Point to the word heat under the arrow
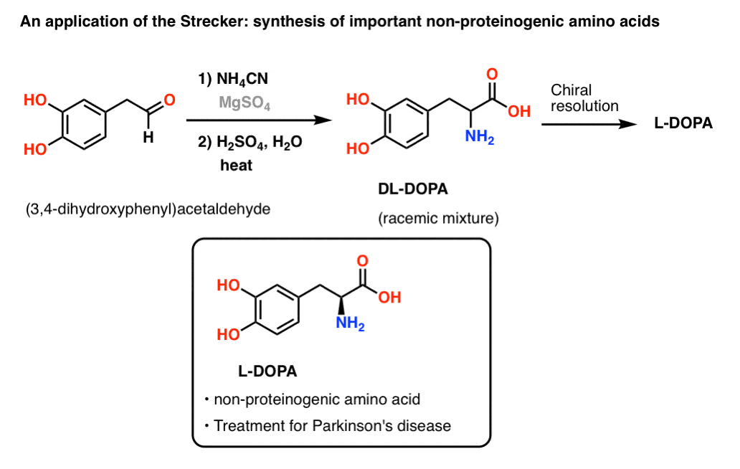point(236,166)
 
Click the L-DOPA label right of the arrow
point(683,123)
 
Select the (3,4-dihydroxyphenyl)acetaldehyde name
point(143,211)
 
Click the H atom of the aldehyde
point(147,140)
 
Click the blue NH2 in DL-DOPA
point(478,134)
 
